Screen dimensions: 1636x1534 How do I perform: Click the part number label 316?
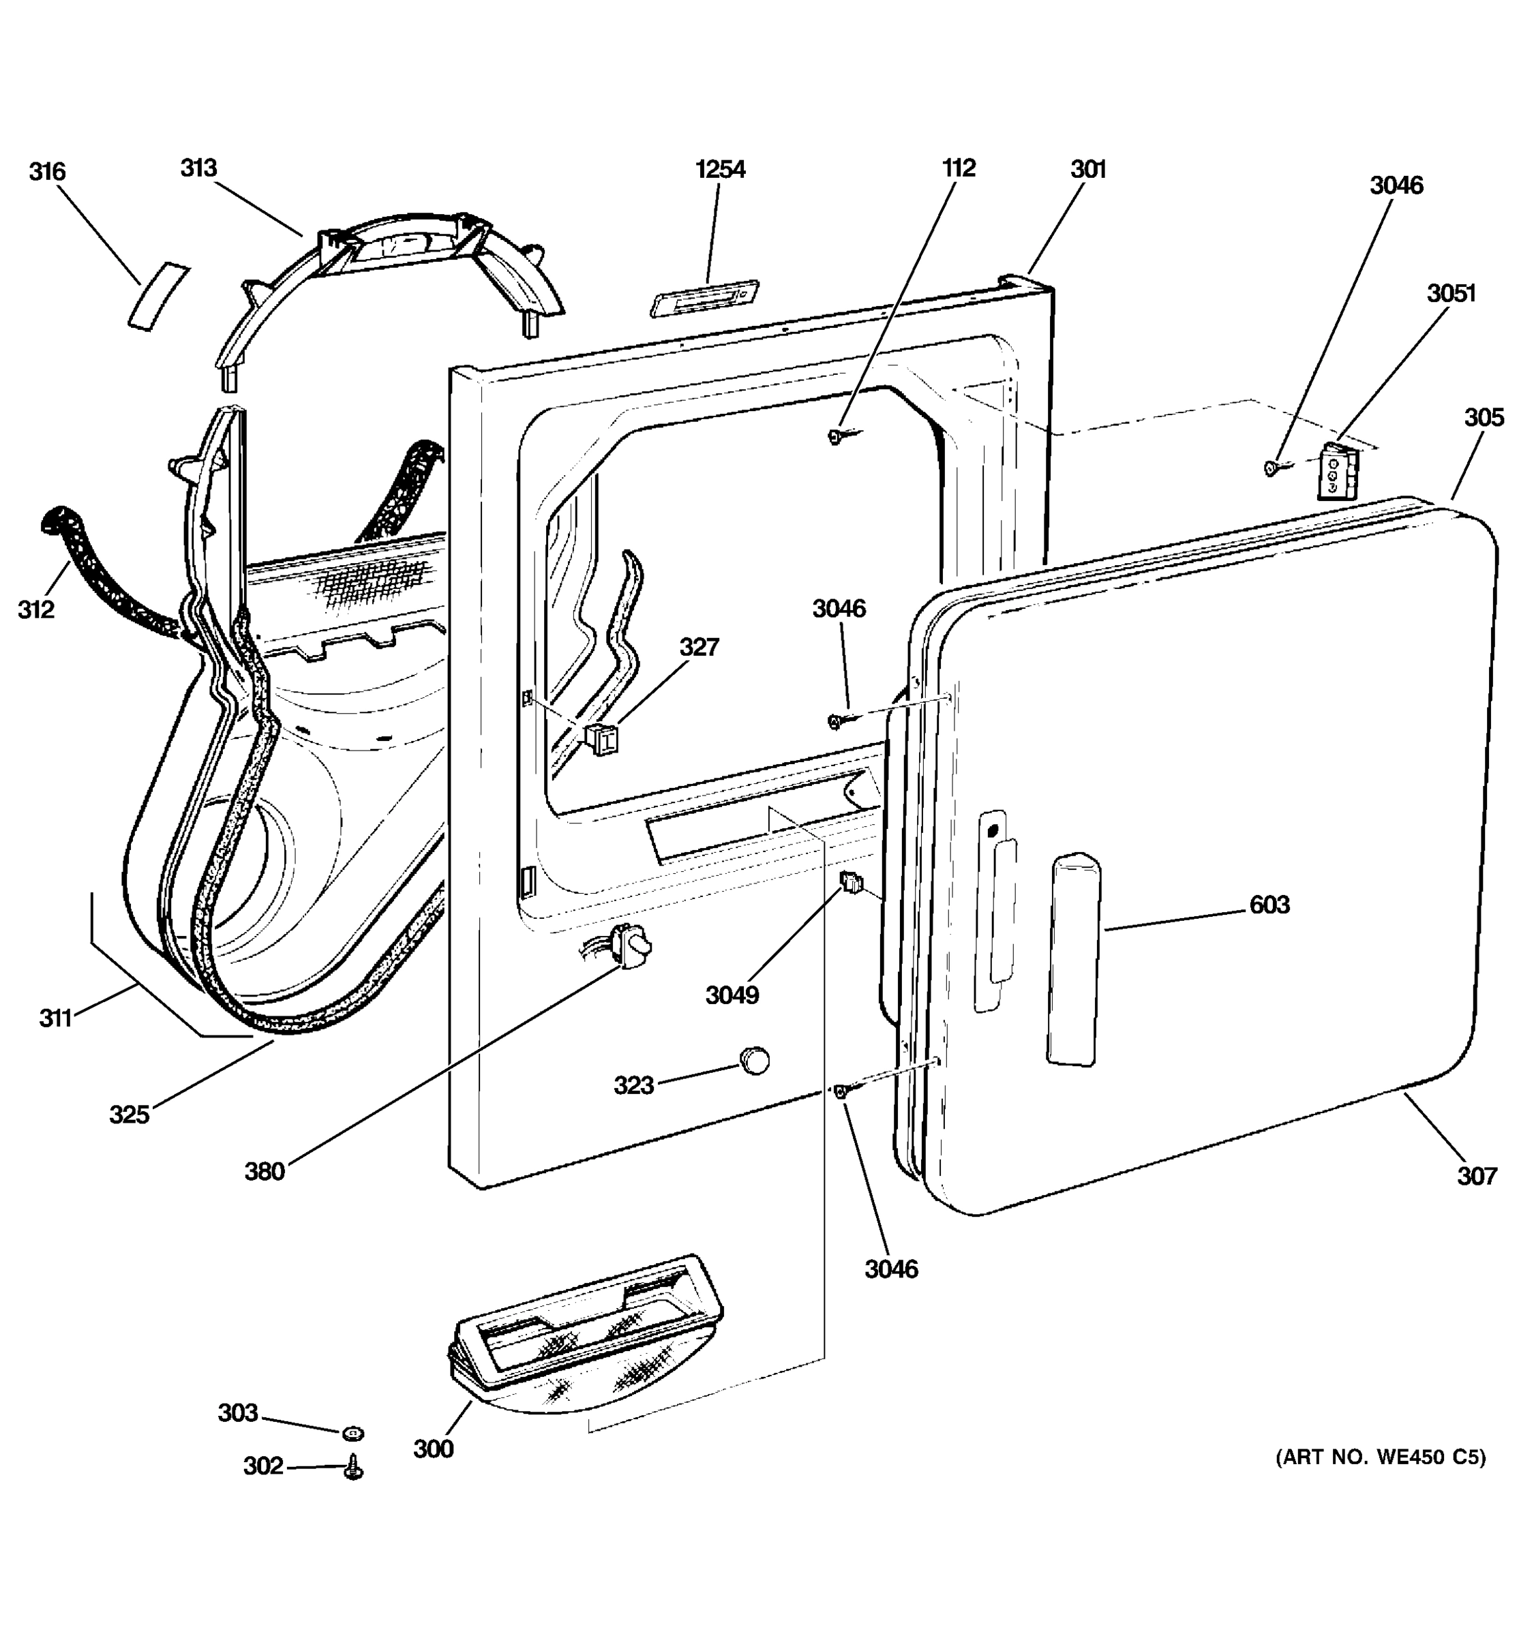(x=47, y=172)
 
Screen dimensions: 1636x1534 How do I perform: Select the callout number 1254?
(x=720, y=170)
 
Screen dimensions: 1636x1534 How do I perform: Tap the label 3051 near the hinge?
(x=1451, y=293)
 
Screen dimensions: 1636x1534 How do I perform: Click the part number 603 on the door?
(x=1269, y=905)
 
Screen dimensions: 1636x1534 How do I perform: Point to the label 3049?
(x=732, y=995)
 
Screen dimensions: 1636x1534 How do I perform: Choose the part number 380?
(x=264, y=1171)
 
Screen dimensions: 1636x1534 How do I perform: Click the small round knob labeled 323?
(x=754, y=1061)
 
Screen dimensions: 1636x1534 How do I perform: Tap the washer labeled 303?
(x=353, y=1434)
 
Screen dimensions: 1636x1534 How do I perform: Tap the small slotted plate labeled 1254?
(x=704, y=297)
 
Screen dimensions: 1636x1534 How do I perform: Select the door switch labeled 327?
(x=603, y=739)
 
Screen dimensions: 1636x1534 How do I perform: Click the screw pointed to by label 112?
(x=836, y=437)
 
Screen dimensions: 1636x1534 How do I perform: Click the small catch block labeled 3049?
(x=851, y=884)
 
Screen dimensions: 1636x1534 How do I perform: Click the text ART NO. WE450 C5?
(x=1380, y=1457)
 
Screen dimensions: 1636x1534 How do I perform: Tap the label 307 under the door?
(x=1477, y=1176)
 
